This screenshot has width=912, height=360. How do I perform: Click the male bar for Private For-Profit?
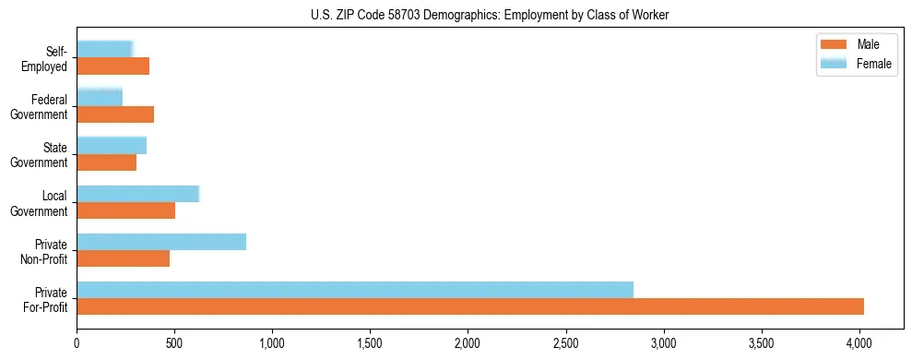click(x=470, y=306)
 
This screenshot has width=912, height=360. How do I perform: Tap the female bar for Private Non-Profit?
click(x=161, y=242)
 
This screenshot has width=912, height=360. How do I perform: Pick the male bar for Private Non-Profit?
click(x=124, y=258)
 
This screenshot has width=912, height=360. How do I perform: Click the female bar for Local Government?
click(x=138, y=194)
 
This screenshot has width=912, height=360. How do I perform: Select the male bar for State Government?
click(x=107, y=162)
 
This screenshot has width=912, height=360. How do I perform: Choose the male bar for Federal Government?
click(x=115, y=114)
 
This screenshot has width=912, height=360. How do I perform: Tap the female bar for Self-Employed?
click(x=105, y=50)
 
